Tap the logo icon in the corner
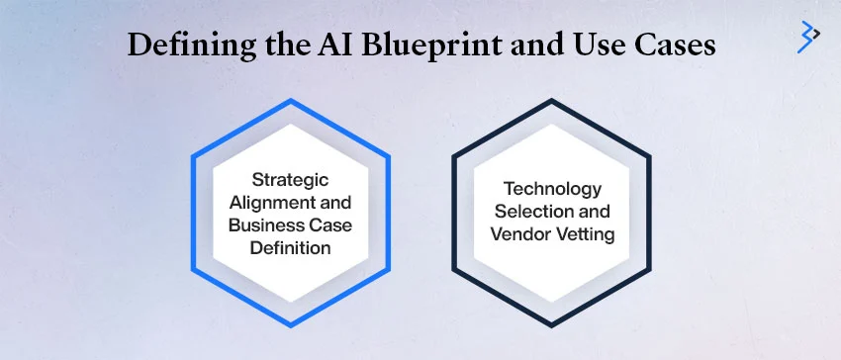click(808, 36)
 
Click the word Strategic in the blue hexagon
click(291, 180)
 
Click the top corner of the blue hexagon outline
click(291, 101)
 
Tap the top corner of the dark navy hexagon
click(551, 101)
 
